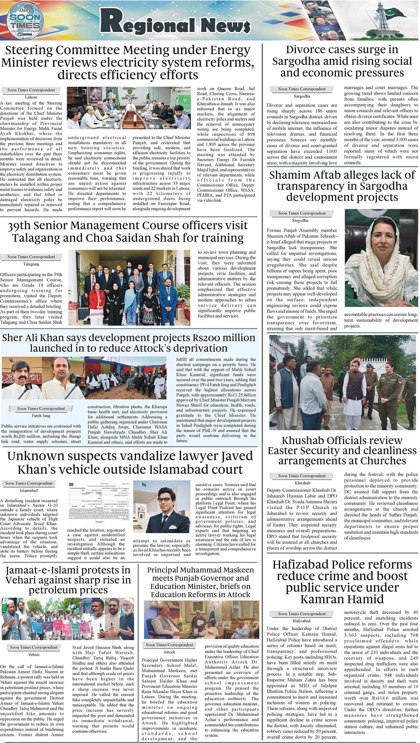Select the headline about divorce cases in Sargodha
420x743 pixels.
click(x=342, y=61)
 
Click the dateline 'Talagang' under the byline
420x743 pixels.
click(x=31, y=264)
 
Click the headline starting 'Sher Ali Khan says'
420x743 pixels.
click(x=129, y=343)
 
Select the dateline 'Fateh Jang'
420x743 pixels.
click(x=41, y=416)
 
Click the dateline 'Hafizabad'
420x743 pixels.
click(x=301, y=621)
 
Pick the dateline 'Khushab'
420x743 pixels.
click(x=302, y=483)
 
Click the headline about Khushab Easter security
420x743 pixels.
click(x=342, y=451)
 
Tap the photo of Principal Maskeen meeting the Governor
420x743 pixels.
click(x=201, y=619)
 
